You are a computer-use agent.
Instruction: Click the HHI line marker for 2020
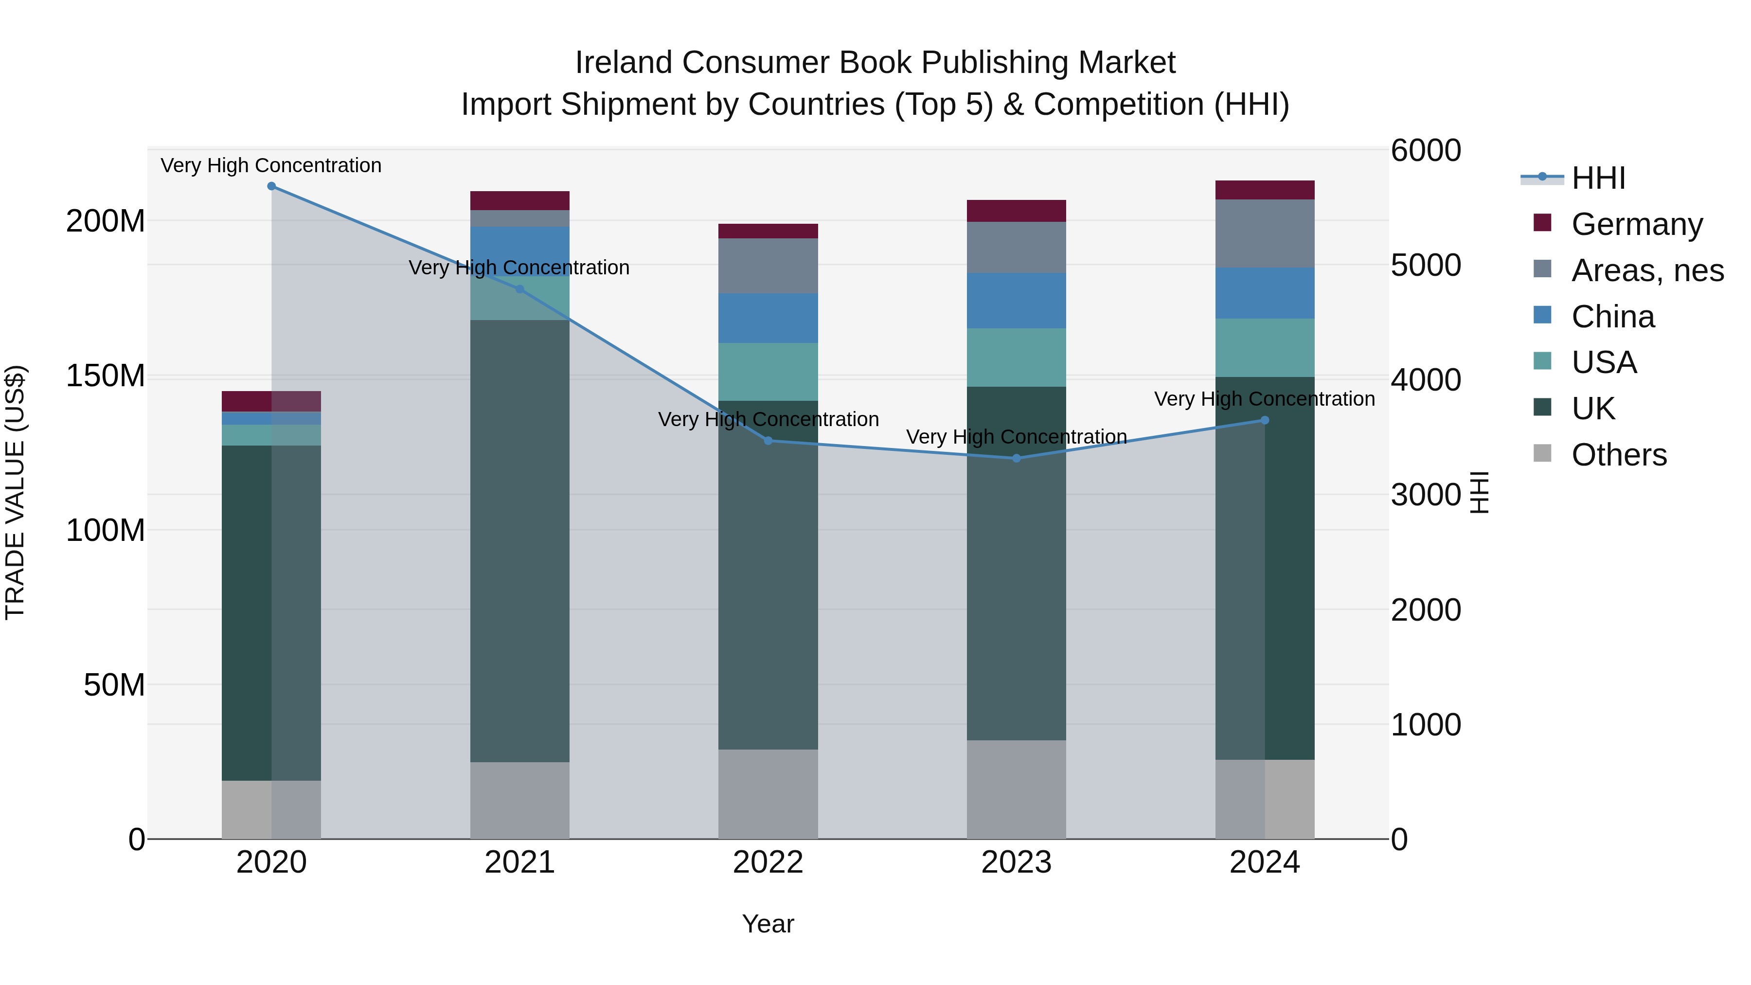[x=271, y=186]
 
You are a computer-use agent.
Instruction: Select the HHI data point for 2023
[x=1016, y=458]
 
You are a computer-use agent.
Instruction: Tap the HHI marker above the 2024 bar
[x=1264, y=420]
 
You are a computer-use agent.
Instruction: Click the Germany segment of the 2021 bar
[x=519, y=200]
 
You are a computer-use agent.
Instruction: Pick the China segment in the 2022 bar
[x=768, y=318]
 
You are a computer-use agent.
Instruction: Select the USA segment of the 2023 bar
[x=1016, y=358]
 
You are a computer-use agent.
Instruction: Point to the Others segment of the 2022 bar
[x=768, y=794]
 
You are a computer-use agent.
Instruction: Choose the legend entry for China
[x=1612, y=317]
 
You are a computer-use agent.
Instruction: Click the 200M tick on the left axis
[x=106, y=221]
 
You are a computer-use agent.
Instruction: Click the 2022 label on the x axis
[x=768, y=862]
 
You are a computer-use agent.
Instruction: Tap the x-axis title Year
[x=768, y=924]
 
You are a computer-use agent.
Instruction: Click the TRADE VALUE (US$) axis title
[x=15, y=492]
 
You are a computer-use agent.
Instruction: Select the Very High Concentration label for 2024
[x=1264, y=399]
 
